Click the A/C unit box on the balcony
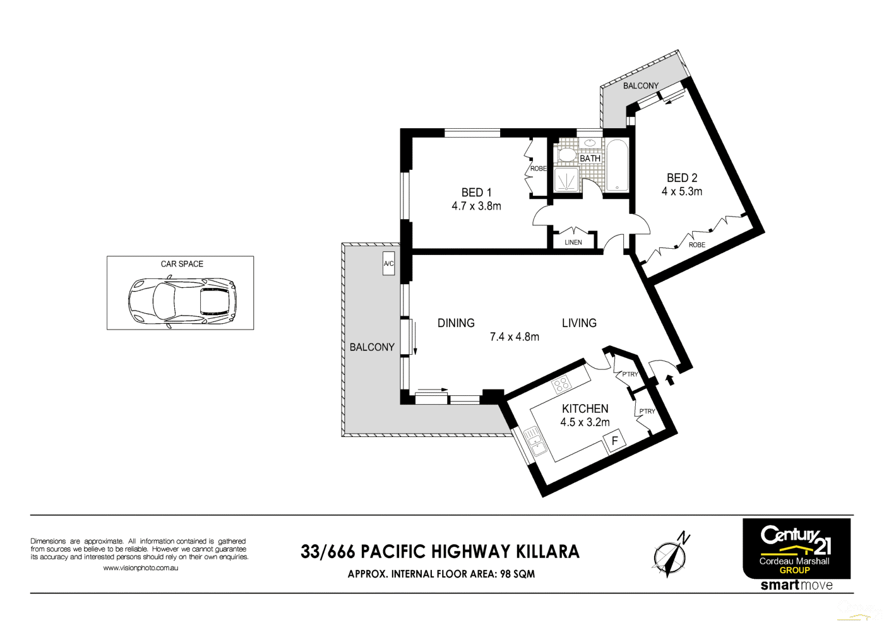tap(388, 264)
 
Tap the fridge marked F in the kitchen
tap(614, 440)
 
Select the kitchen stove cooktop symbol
tap(561, 383)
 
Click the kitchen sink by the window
tap(535, 440)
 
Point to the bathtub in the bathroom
tap(617, 165)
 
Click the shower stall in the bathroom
tap(566, 180)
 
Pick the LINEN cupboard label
tap(573, 242)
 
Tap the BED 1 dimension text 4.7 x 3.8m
tap(476, 206)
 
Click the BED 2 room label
tap(682, 178)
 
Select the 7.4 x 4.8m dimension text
tap(515, 337)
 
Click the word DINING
tap(456, 323)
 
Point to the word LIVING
tap(579, 323)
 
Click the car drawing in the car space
tap(182, 302)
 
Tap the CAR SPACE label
tap(182, 264)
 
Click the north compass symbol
tap(670, 556)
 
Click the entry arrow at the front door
tap(669, 379)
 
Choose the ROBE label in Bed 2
tap(697, 245)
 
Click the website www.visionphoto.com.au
tap(140, 568)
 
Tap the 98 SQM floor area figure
tap(517, 574)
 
